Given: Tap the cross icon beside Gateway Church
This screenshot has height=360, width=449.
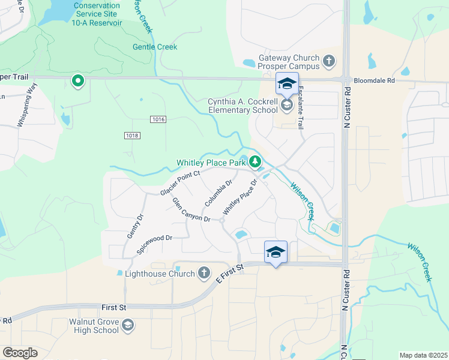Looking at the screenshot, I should [x=328, y=61].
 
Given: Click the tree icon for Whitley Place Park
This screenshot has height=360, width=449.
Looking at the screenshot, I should [x=255, y=162].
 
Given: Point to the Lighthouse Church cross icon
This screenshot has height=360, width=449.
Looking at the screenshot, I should [x=204, y=274].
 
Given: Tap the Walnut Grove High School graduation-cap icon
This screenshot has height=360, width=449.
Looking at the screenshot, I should [x=127, y=326].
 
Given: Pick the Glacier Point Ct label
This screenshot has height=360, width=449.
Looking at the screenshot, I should [x=179, y=182].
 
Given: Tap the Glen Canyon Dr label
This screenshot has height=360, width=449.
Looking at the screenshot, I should [x=191, y=209].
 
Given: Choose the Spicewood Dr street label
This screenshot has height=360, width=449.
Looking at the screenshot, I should [x=154, y=245].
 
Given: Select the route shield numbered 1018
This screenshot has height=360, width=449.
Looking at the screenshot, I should [x=133, y=136].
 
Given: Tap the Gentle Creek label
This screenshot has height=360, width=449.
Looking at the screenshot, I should [x=155, y=47].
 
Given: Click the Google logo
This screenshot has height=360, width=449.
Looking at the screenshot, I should [x=20, y=352].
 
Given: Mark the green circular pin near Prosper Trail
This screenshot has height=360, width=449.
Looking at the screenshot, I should [x=77, y=80].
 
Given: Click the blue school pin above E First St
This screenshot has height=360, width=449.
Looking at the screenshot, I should [x=276, y=252].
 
